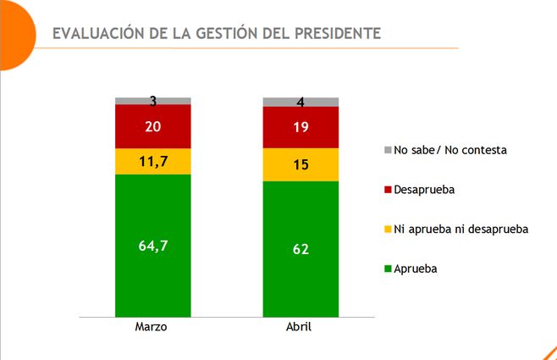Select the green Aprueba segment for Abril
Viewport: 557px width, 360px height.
pos(301,280)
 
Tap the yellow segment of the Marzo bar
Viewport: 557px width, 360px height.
pos(153,161)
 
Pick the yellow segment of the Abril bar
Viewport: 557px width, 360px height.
pos(301,164)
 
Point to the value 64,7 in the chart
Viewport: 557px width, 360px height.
pos(153,246)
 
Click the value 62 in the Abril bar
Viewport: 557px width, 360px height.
pos(301,250)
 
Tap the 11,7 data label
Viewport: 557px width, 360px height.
pos(153,161)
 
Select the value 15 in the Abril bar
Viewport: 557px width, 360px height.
pos(301,164)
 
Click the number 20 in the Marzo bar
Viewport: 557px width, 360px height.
pos(153,126)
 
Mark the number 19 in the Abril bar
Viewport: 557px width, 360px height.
pos(301,127)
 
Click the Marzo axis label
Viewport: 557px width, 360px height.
pos(153,328)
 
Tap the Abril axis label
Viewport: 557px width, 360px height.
pos(301,328)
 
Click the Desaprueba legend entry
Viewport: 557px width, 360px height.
pos(424,190)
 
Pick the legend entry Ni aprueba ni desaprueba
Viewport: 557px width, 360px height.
pos(460,229)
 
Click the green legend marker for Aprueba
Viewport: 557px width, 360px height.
pos(388,269)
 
